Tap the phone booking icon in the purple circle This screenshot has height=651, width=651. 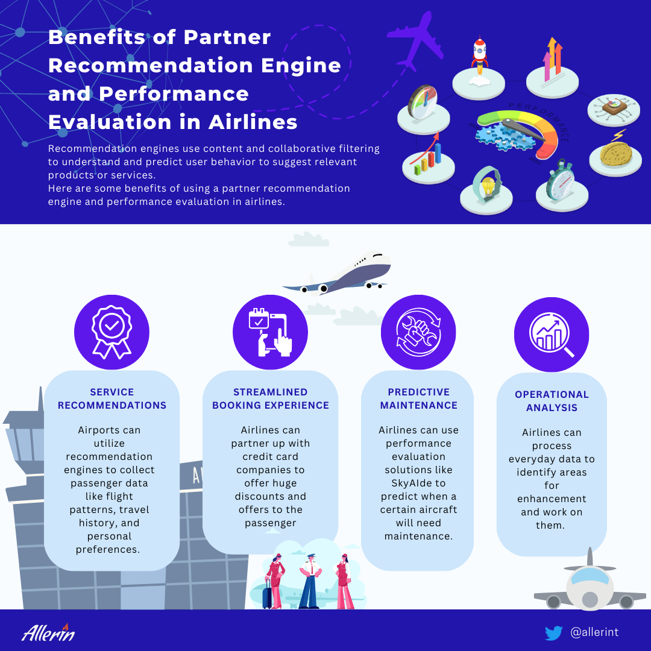[x=270, y=333]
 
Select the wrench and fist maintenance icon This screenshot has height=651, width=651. [x=418, y=332]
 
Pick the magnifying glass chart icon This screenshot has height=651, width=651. [x=551, y=335]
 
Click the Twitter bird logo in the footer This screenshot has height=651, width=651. [x=553, y=633]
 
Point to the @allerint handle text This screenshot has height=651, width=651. [x=594, y=632]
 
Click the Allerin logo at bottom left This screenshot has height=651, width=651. [x=48, y=632]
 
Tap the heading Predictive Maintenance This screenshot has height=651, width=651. [x=418, y=398]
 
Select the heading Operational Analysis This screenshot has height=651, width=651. [x=552, y=401]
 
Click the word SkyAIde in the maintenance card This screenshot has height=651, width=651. [x=418, y=483]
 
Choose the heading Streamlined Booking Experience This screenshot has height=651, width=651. [x=270, y=398]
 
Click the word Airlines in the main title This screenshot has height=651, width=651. [x=253, y=122]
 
